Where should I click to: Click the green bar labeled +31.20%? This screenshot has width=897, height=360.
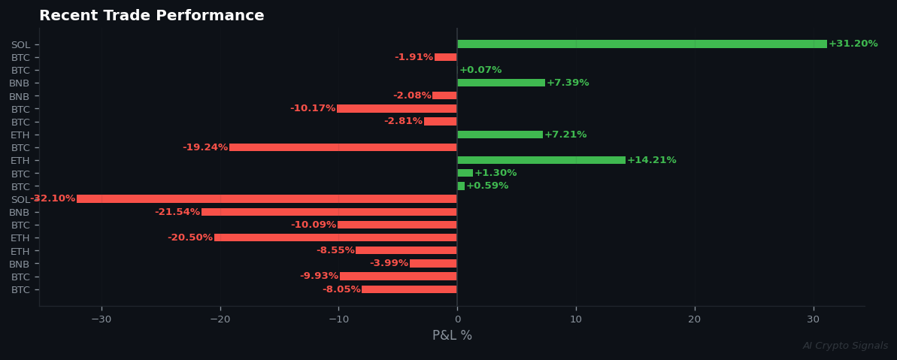(641, 44)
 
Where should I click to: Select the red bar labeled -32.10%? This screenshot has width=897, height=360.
(267, 199)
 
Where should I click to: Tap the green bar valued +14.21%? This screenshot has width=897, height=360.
(541, 160)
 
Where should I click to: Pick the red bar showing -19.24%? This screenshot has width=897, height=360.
(343, 147)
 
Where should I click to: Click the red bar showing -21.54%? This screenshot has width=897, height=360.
(329, 212)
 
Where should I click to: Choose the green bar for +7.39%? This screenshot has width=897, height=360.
(501, 83)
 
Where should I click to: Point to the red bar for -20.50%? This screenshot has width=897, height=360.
(335, 237)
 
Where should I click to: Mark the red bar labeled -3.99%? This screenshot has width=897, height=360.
(433, 264)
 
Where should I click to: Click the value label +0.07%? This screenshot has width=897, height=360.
(480, 70)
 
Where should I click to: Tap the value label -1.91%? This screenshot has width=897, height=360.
(414, 57)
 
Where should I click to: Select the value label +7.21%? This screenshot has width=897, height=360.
(565, 135)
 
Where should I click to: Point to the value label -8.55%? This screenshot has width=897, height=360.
(335, 250)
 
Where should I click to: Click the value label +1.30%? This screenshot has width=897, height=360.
(495, 173)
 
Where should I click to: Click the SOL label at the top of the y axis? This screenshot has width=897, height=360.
(20, 45)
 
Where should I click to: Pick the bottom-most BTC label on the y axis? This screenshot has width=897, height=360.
(20, 290)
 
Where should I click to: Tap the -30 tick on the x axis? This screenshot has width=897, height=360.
(101, 319)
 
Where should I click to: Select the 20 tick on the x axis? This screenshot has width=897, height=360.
(695, 319)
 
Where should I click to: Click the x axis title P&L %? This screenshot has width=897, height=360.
(452, 336)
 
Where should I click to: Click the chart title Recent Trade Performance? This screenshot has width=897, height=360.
(152, 16)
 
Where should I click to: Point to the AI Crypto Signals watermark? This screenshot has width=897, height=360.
(845, 346)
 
